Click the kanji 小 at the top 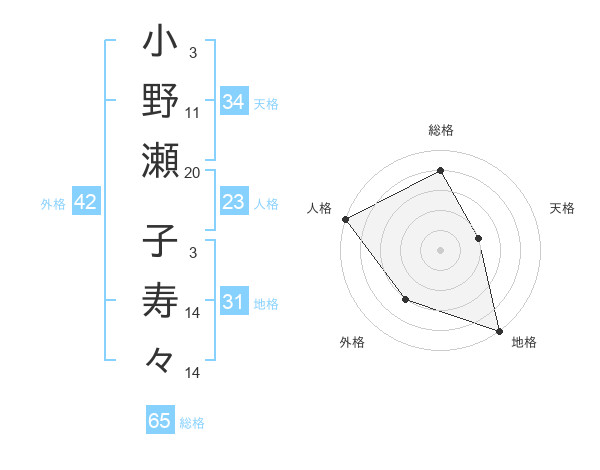pos(161,45)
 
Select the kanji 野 pos(161,102)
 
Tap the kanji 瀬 pos(161,160)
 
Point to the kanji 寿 pos(161,302)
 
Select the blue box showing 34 pos(233,101)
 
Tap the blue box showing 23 pos(233,203)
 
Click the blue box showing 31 pos(233,303)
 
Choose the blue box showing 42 pos(86,203)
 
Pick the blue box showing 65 pos(160,421)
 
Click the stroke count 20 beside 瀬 pos(193,172)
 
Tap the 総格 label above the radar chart pos(440,130)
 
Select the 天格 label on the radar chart pos(562,208)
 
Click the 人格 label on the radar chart pos(319,208)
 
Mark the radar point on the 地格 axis pos(498,329)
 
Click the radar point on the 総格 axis pos(440,171)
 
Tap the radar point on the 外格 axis pos(405,298)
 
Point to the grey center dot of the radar pos(440,249)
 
